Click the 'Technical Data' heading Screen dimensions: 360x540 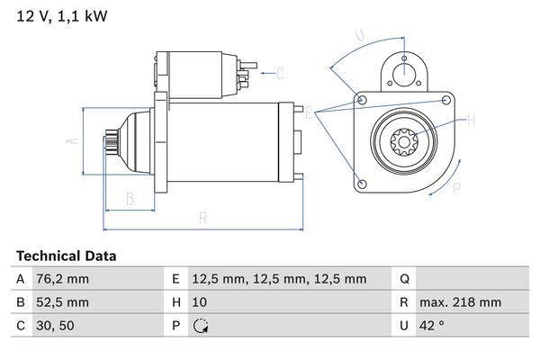66,256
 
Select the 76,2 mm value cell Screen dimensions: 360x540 64,279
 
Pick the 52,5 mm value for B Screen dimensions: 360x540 64,302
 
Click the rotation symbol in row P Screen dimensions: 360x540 202,326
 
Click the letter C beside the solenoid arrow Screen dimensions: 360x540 280,73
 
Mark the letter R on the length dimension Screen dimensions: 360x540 202,217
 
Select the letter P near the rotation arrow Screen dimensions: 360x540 456,189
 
